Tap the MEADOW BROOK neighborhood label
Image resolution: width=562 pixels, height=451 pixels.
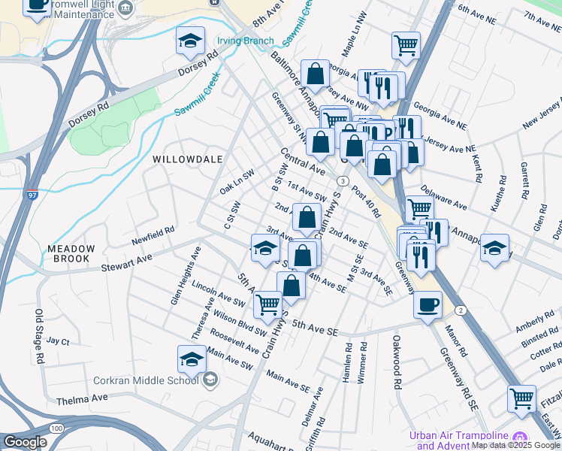tap(71, 255)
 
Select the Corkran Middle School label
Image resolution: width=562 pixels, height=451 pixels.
tap(145, 380)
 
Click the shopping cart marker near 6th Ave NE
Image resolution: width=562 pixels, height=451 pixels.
tap(406, 45)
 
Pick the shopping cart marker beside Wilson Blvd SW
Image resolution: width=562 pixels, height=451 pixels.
tap(267, 304)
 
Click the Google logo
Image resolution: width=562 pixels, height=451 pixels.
tap(26, 442)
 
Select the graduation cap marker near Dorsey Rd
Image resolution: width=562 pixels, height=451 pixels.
tap(191, 41)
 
